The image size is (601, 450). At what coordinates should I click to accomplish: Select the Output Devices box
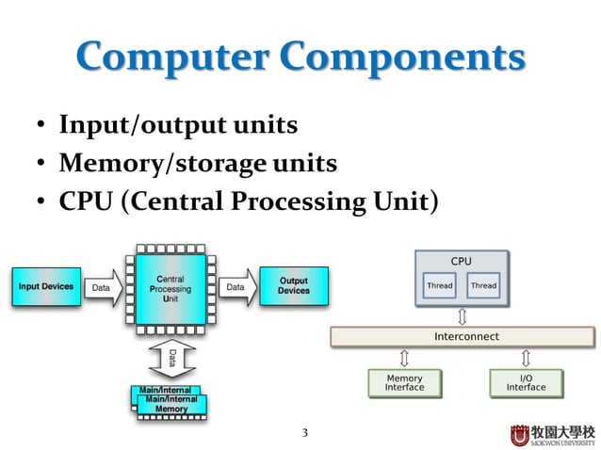(x=294, y=286)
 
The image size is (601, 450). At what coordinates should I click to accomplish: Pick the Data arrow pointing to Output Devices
(x=236, y=286)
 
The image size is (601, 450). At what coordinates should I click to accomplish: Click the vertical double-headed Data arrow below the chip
(x=171, y=357)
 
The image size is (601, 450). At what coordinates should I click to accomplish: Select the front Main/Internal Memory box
(x=172, y=405)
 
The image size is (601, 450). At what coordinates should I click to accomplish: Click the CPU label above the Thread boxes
(x=461, y=261)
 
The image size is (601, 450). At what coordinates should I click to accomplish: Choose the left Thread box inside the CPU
(x=439, y=285)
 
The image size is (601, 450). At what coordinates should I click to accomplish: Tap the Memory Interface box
(x=404, y=382)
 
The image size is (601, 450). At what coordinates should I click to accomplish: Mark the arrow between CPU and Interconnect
(x=462, y=314)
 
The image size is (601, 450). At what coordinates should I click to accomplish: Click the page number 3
(x=303, y=433)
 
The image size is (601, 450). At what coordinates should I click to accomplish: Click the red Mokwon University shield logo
(x=520, y=434)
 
